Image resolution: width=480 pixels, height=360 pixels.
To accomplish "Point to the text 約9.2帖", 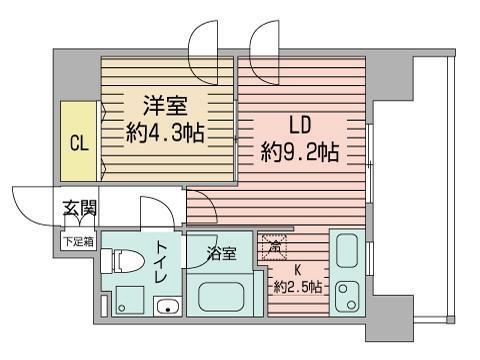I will [301, 153].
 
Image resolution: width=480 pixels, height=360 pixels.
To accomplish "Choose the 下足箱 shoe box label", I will [80, 240].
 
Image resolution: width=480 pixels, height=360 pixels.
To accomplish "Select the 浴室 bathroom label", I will [222, 254].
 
